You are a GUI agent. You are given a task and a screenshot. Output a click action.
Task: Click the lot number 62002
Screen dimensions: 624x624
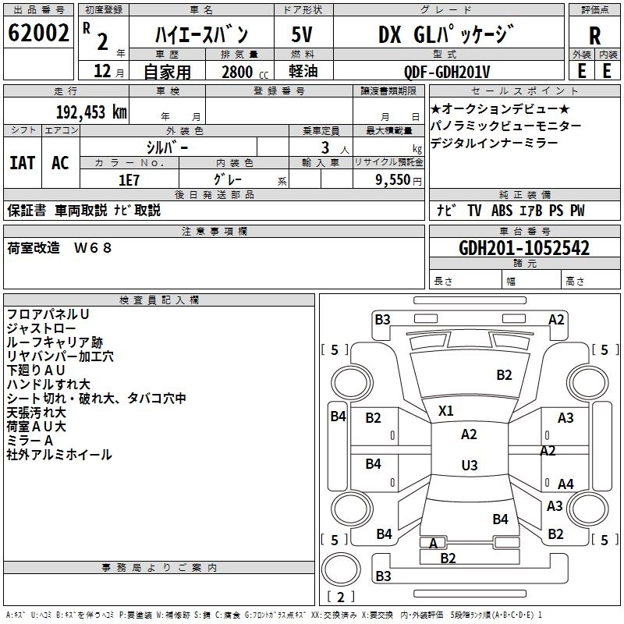click(38, 34)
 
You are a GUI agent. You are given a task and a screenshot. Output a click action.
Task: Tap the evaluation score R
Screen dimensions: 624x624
click(594, 36)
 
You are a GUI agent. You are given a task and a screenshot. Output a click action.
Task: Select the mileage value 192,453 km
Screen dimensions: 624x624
click(91, 112)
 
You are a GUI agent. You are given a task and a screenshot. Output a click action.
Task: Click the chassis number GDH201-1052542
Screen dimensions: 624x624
click(524, 249)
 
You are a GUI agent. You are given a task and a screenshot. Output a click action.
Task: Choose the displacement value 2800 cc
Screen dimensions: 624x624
click(241, 73)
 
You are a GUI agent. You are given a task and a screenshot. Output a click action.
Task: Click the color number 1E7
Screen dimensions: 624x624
click(128, 179)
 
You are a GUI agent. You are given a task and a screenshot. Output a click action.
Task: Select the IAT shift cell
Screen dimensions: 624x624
click(23, 163)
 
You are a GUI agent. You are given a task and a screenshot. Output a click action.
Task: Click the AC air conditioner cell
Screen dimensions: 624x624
click(60, 163)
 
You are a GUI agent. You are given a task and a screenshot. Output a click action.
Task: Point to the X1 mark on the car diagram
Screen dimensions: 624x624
click(446, 410)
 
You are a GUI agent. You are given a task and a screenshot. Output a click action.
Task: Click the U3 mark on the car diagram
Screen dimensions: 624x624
click(469, 466)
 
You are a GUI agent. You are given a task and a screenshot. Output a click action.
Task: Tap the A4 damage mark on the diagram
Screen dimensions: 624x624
click(565, 484)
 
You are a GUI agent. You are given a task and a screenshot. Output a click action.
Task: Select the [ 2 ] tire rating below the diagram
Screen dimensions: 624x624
click(340, 597)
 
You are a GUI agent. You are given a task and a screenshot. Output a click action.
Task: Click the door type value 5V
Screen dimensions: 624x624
click(302, 35)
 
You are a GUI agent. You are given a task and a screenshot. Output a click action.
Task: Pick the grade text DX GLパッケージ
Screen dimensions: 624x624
click(446, 35)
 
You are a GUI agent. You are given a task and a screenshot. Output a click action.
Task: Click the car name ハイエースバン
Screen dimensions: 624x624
click(201, 35)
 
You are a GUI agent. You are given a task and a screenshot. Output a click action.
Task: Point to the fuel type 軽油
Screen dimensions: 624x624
click(302, 72)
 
